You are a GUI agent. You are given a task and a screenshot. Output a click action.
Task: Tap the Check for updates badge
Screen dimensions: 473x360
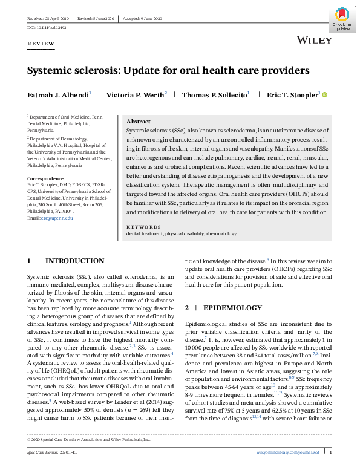click(341, 19)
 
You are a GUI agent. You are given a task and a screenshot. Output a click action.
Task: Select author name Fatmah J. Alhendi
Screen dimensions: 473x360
click(57, 95)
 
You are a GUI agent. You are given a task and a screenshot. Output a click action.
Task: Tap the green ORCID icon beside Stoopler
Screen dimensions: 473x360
click(324, 95)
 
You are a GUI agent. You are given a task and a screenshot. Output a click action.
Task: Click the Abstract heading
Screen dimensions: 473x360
click(139, 122)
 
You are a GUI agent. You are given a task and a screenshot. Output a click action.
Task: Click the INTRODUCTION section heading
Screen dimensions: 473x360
click(74, 261)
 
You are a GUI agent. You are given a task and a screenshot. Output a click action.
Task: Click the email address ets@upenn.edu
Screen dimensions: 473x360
click(57, 218)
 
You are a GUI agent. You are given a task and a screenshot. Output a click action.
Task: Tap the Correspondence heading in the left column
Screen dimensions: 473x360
click(46, 179)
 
